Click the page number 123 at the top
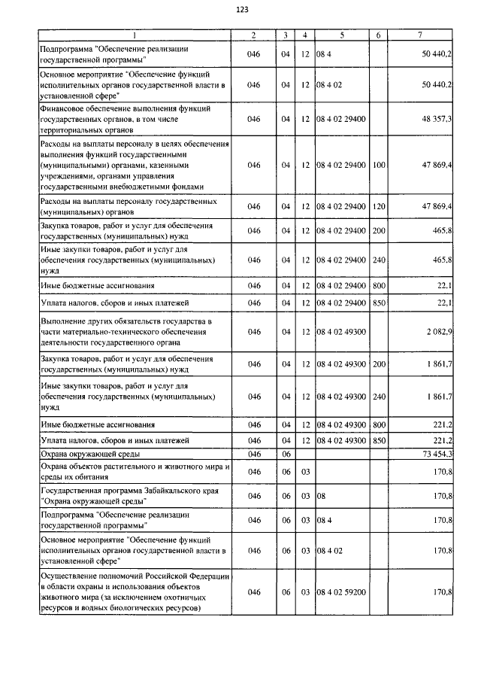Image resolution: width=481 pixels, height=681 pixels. [242, 9]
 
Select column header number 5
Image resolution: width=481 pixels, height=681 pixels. [342, 35]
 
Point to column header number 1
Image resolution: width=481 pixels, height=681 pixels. [134, 35]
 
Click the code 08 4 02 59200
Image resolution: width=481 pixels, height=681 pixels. [341, 593]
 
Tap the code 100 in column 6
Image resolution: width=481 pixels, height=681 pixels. [378, 165]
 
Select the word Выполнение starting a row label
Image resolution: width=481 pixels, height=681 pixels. [65, 321]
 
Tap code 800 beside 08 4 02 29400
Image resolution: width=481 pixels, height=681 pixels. [378, 285]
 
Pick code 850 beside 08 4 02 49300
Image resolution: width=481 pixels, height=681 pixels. [378, 439]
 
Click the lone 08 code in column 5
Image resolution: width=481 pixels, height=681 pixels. [320, 496]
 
